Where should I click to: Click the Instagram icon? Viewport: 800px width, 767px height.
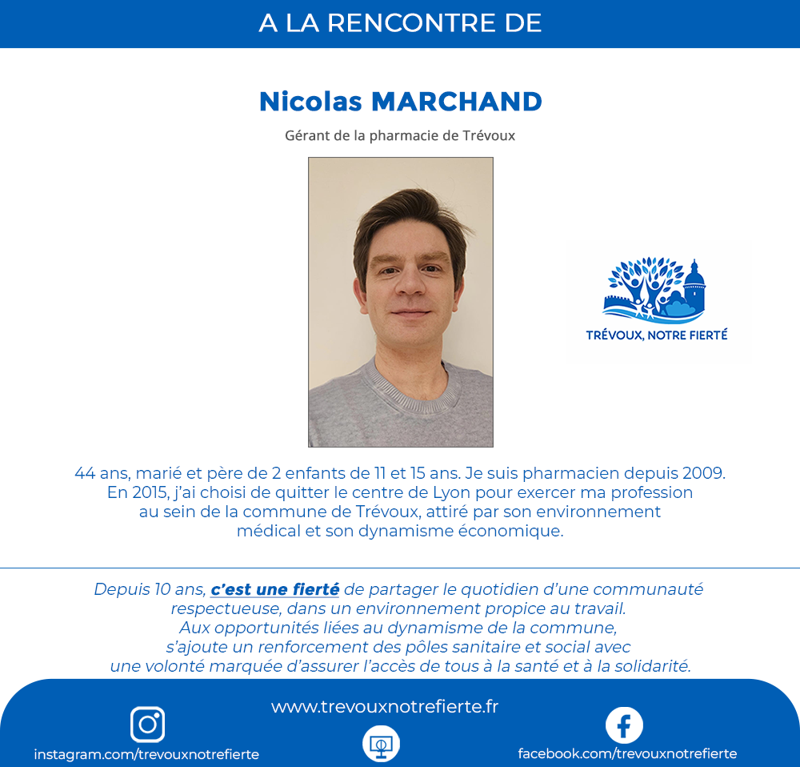147,725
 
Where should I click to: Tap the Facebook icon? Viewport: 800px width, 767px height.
624,725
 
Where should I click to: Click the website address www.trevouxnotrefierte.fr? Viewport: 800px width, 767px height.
385,707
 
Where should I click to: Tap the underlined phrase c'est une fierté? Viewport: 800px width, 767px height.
274,590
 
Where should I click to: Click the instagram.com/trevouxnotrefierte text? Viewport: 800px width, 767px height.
146,754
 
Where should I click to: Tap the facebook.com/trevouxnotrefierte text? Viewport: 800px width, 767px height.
627,753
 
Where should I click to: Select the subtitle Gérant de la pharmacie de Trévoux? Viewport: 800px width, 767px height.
400,136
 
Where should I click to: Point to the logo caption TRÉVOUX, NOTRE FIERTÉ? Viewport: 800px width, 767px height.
657,335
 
